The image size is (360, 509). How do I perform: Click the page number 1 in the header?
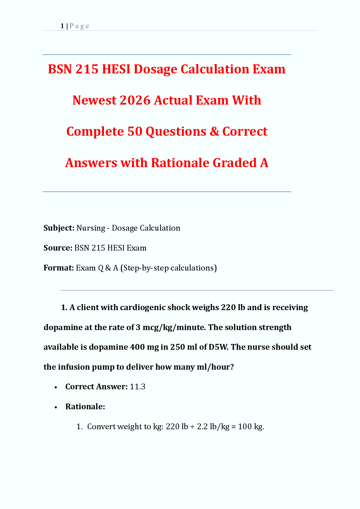pyautogui.click(x=62, y=26)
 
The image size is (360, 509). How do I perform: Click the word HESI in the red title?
pyautogui.click(x=116, y=69)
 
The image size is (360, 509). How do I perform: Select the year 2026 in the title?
pyautogui.click(x=135, y=100)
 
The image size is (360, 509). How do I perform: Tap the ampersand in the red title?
pyautogui.click(x=214, y=131)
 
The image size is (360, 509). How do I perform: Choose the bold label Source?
pyautogui.click(x=58, y=248)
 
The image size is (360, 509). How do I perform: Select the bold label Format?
pyautogui.click(x=59, y=268)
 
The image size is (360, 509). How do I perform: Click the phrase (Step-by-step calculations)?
pyautogui.click(x=169, y=268)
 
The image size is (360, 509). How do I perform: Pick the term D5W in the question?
pyautogui.click(x=218, y=347)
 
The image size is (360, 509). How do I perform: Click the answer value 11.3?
pyautogui.click(x=138, y=387)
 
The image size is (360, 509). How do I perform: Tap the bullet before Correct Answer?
pyautogui.click(x=56, y=387)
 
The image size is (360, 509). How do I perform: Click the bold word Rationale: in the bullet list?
pyautogui.click(x=85, y=407)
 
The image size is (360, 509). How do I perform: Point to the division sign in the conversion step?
pyautogui.click(x=193, y=426)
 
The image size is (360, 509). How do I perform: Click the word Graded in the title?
pyautogui.click(x=235, y=163)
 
